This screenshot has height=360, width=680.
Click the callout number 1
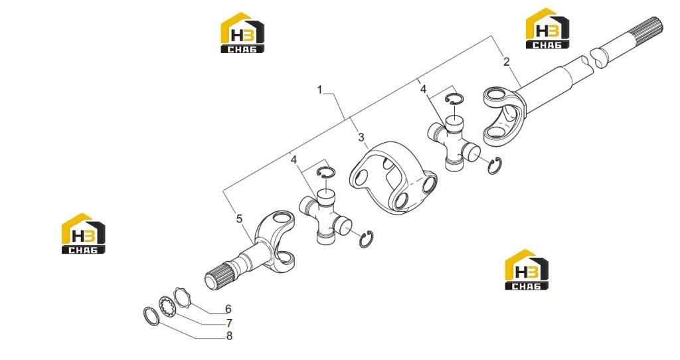click(320, 90)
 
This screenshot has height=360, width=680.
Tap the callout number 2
click(506, 61)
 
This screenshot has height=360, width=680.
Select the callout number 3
click(361, 137)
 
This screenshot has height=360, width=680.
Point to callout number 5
click(239, 219)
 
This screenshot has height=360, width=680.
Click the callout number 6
click(228, 310)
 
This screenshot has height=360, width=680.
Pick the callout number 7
click(229, 323)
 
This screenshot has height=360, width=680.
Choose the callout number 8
click(229, 336)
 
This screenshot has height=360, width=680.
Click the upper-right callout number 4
click(423, 90)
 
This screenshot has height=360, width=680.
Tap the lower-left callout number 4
click(294, 159)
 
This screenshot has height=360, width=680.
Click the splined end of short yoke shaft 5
click(218, 277)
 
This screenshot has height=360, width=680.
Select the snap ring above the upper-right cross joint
click(454, 99)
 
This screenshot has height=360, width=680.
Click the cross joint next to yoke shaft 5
click(325, 217)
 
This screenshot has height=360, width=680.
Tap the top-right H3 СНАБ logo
click(547, 28)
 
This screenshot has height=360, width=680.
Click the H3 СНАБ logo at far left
click(84, 233)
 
